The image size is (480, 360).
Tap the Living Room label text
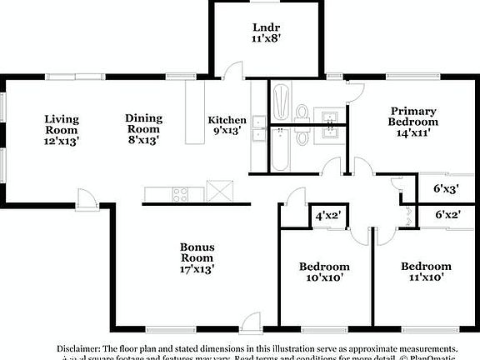61,130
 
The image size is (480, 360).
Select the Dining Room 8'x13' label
143,129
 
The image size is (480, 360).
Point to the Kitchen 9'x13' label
227,125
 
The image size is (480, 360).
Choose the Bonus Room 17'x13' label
198,259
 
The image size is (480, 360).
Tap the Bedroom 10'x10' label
324,273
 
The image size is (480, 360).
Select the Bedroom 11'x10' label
426,272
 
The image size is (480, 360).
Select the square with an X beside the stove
218,192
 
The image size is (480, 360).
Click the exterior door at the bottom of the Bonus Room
251,319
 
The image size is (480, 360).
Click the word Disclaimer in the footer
78,347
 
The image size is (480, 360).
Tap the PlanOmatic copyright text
433,358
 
